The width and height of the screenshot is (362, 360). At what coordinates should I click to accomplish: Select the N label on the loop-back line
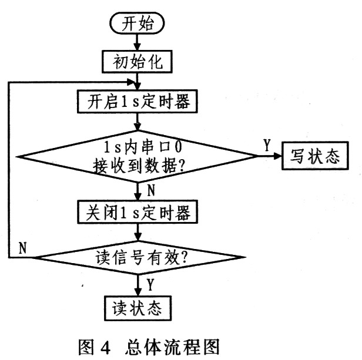[x=22, y=247]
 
